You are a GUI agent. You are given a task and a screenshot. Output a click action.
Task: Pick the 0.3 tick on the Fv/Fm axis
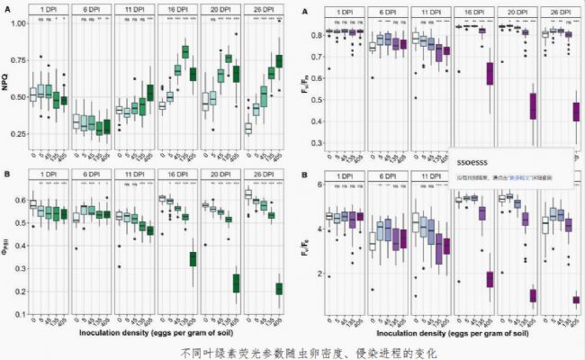coord(318,143)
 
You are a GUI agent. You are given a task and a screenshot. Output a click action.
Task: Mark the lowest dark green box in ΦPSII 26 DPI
coord(279,288)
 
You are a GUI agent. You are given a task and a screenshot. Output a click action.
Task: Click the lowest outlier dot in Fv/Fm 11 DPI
coord(415,97)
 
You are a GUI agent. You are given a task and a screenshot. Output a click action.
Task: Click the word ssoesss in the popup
coord(472,164)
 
